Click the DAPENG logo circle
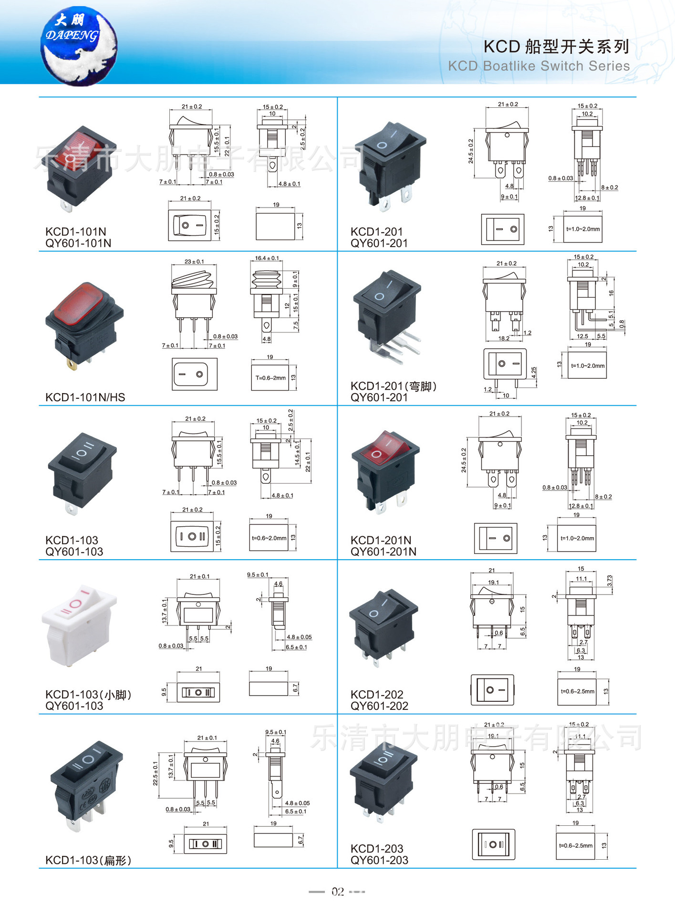point(79,46)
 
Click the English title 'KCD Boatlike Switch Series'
point(539,66)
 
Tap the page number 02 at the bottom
point(338,891)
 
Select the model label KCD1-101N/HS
point(85,397)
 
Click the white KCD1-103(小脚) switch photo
point(79,625)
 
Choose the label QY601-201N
point(383,552)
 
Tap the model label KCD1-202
point(377,694)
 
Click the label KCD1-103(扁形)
point(88,860)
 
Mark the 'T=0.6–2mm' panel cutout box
point(270,378)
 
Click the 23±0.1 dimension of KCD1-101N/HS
point(194,261)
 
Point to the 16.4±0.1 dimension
point(267,258)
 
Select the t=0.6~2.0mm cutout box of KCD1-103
point(269,538)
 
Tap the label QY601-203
point(379,860)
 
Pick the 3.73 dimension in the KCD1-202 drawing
point(610,581)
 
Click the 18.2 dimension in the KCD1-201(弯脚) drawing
point(504,338)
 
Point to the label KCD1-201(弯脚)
point(394,386)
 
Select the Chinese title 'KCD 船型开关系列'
point(556,47)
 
